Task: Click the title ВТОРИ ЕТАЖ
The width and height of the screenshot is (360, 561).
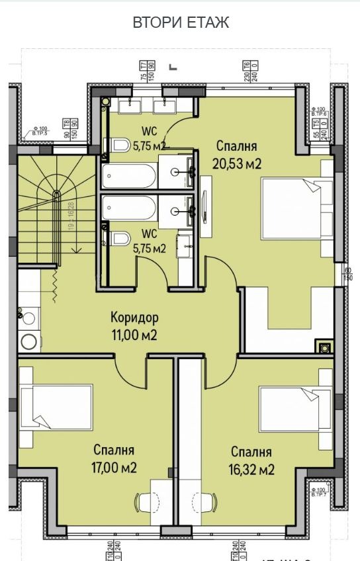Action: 181,22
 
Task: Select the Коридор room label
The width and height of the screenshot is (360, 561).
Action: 134,318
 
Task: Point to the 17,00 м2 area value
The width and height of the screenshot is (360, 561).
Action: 114,468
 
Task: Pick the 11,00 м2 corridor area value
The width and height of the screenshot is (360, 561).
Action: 134,335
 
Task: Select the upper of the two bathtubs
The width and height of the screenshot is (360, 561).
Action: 130,176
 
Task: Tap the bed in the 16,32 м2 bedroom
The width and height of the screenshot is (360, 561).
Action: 296,409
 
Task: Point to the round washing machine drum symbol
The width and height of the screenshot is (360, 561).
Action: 28,341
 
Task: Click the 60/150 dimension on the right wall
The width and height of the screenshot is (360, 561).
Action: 347,274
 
